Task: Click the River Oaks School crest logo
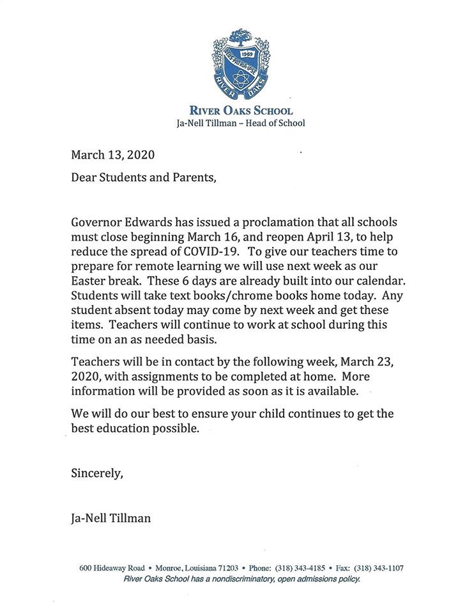(x=240, y=64)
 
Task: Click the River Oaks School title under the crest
(x=241, y=111)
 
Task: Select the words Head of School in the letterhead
(x=275, y=123)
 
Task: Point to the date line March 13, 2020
(x=112, y=155)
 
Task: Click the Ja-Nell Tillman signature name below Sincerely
(x=111, y=518)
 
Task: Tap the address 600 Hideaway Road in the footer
(x=111, y=568)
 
